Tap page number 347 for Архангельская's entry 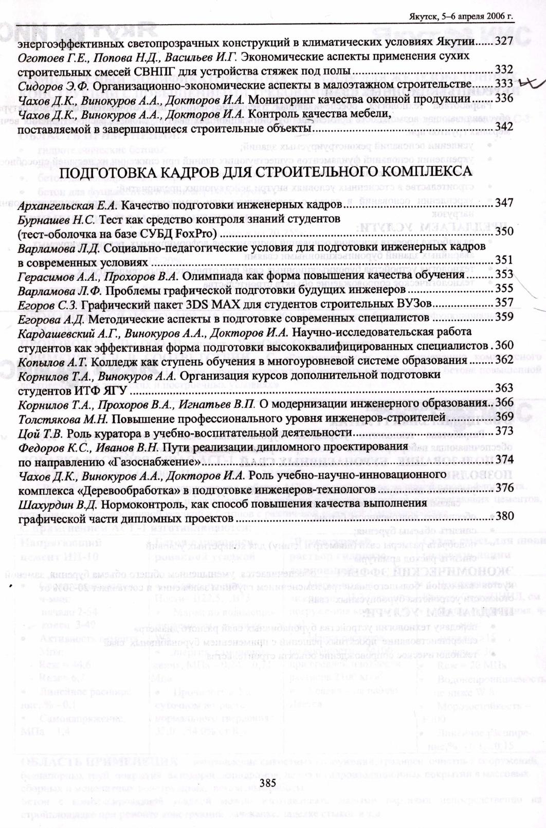(504, 203)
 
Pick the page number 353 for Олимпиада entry (504, 275)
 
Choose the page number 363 (504, 388)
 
